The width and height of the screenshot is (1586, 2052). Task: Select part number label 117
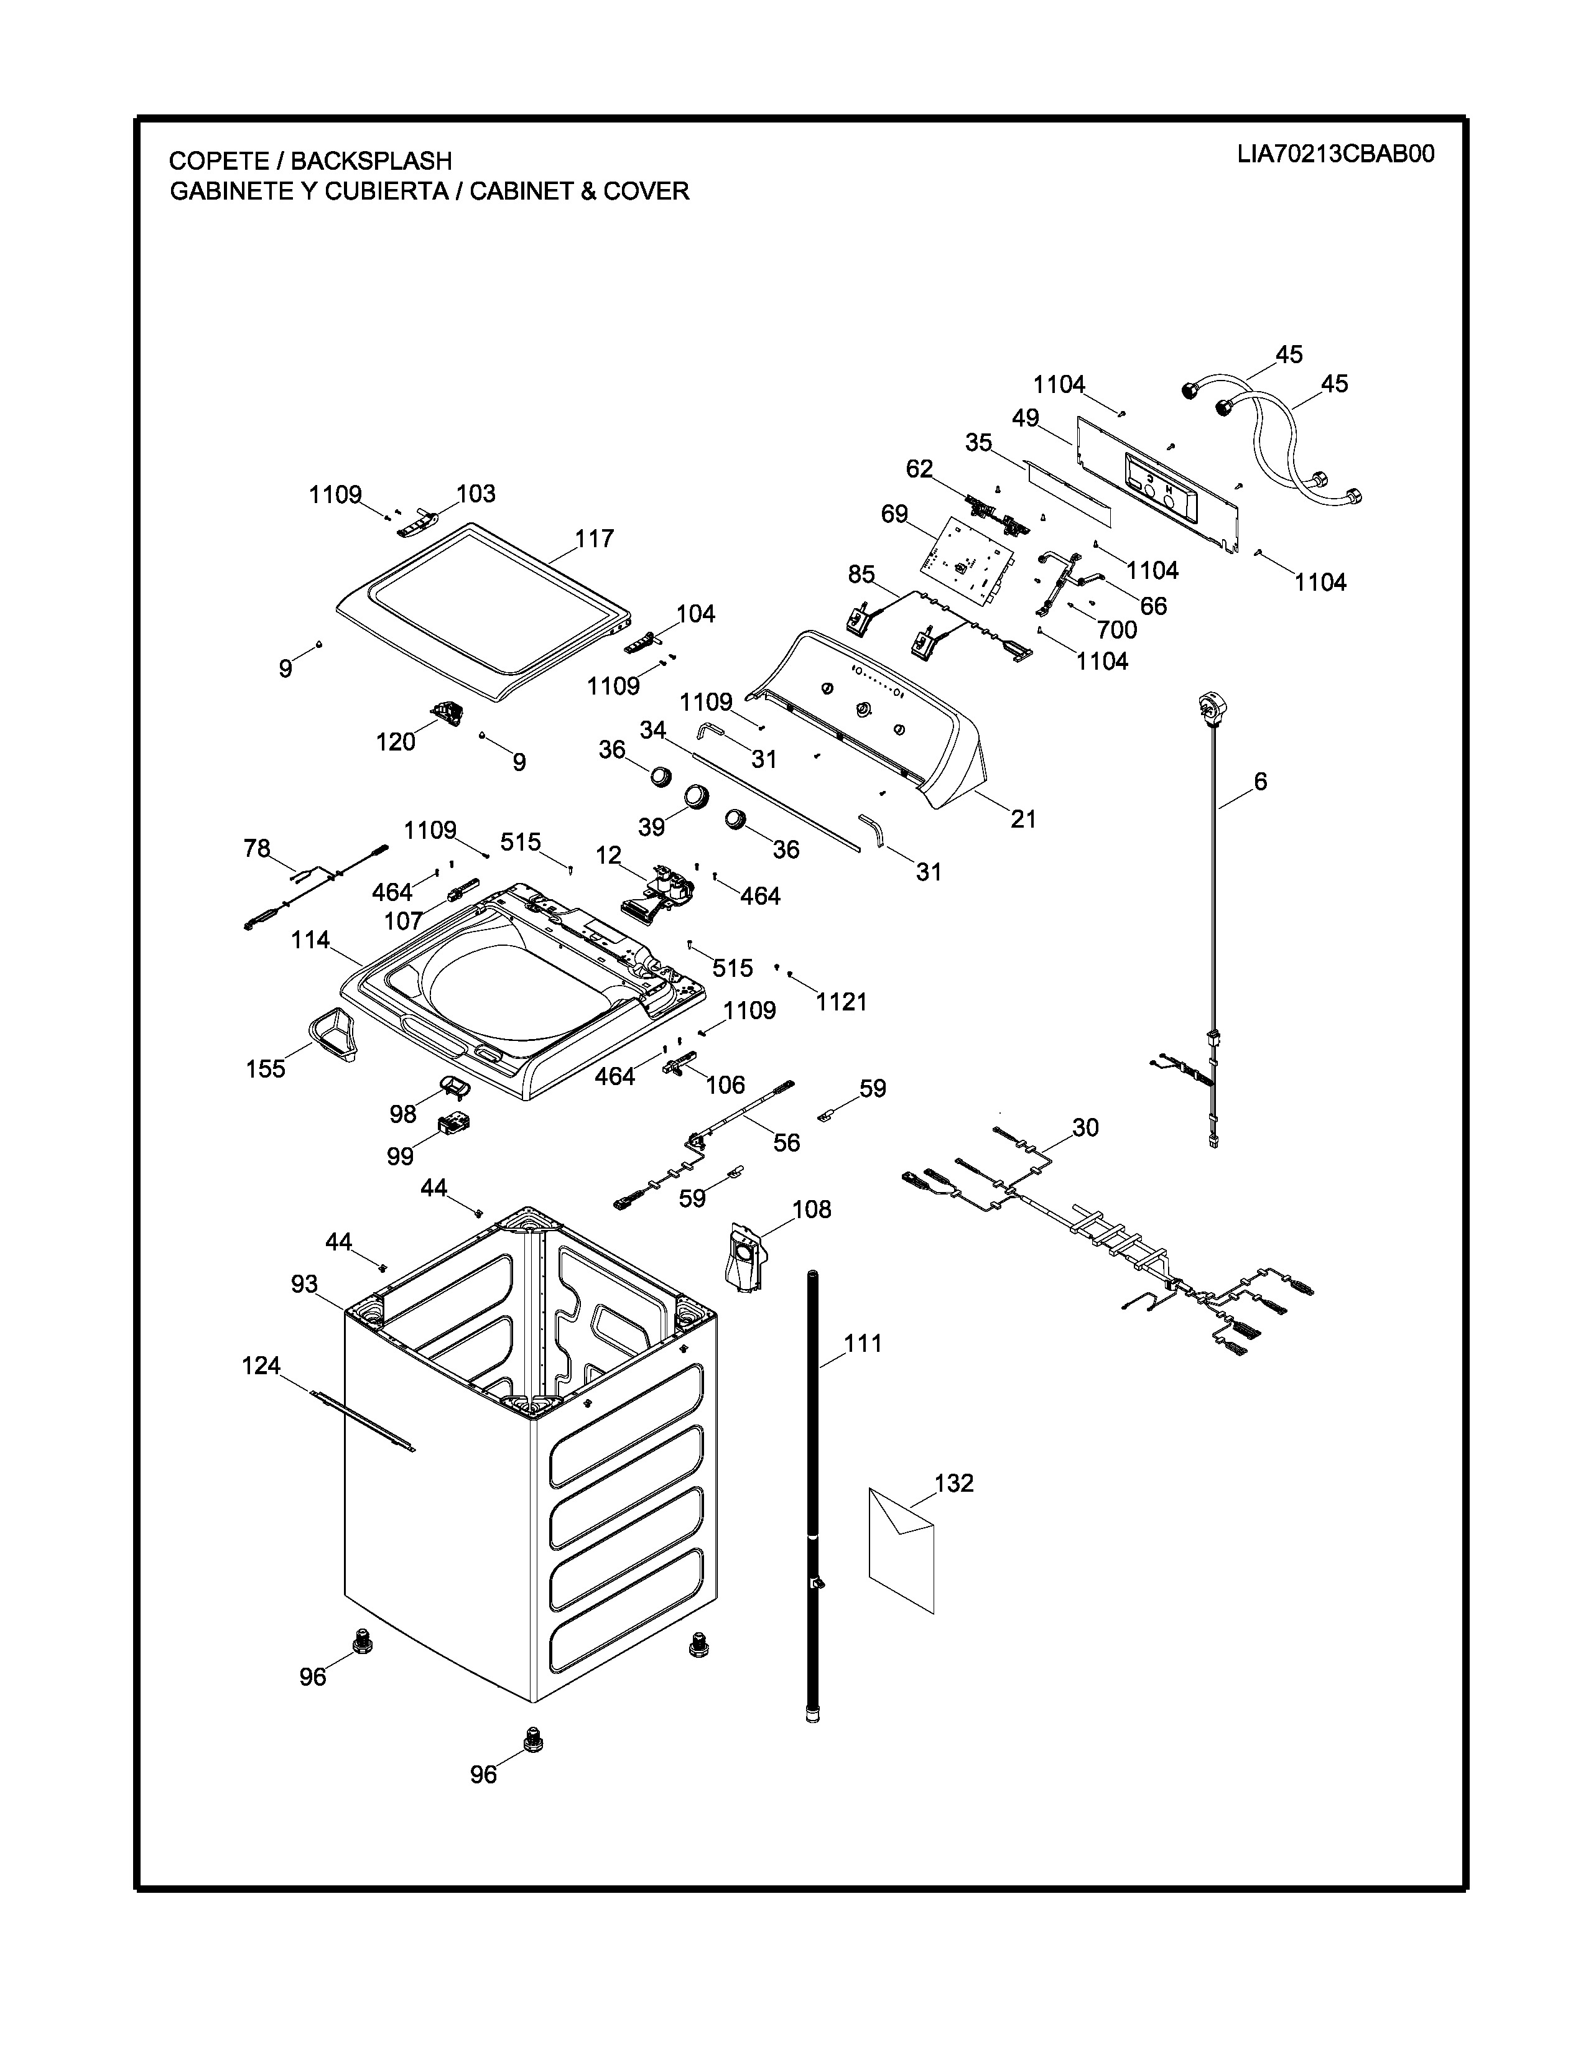(594, 538)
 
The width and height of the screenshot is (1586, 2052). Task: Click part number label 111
(863, 1344)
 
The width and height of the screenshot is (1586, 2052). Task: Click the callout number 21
(1023, 820)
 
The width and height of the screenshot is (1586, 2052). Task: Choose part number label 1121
(841, 1002)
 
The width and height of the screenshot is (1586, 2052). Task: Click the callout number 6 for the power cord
(1260, 781)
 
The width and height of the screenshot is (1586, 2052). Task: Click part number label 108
(812, 1209)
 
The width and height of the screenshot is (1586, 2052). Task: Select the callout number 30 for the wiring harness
(1085, 1127)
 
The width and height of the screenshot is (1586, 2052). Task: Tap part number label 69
(894, 514)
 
